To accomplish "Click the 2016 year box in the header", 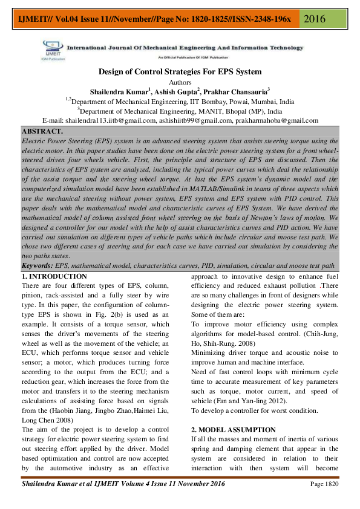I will [315, 18].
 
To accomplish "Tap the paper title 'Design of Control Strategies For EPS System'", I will [180, 71].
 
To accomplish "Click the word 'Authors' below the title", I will [180, 82].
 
